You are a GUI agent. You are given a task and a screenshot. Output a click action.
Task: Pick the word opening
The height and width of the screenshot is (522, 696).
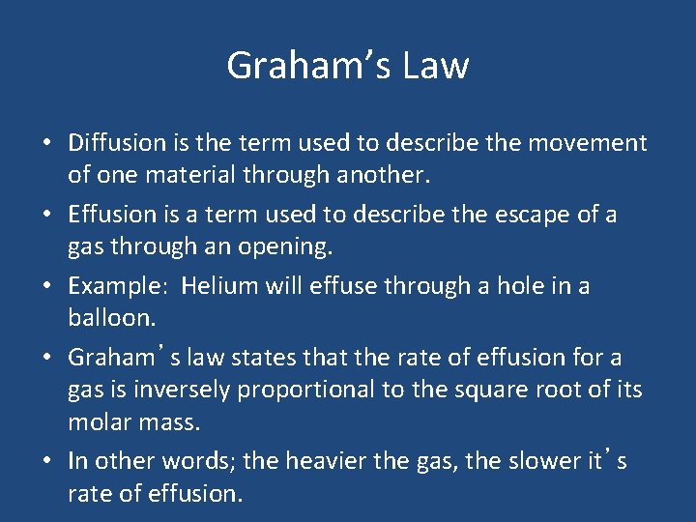[x=286, y=247]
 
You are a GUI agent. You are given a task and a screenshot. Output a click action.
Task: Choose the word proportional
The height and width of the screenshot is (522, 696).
[x=296, y=390]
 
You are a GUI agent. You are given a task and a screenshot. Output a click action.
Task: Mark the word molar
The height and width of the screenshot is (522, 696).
[x=100, y=421]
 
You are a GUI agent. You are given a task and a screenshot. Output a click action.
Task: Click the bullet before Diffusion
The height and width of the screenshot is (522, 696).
[x=46, y=144]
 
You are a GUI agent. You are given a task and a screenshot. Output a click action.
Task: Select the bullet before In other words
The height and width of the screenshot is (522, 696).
[x=46, y=461]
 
